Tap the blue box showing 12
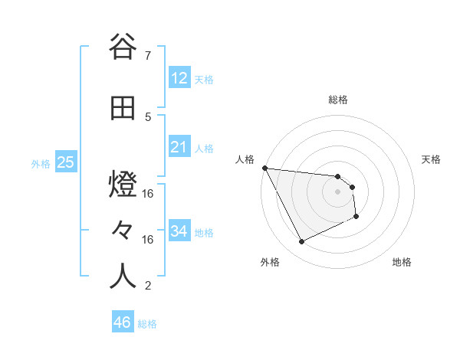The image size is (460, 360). point(179,77)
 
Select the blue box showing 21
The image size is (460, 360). point(179,146)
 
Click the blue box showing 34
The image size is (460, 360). point(179,231)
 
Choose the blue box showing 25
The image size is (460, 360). point(65,162)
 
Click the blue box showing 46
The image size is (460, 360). point(123,322)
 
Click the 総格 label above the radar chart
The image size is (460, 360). point(338,100)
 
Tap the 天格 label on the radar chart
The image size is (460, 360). point(432,159)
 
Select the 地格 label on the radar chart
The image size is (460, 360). point(402,263)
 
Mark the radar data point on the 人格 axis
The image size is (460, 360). point(264,168)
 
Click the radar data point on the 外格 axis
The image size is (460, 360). point(301,242)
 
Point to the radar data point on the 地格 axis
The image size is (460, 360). point(356,218)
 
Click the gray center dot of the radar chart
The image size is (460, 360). point(338,191)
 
